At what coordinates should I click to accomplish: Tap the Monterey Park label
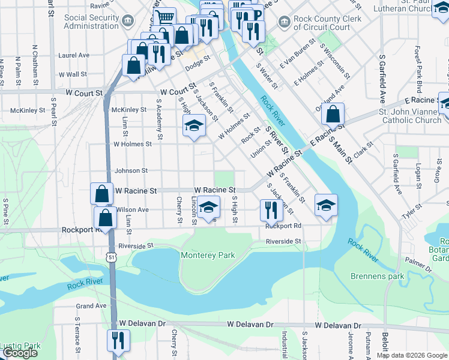click(x=208, y=256)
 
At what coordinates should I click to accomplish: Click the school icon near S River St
click(x=326, y=205)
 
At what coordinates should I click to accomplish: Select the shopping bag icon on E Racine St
click(x=333, y=113)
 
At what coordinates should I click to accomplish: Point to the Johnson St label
click(x=131, y=171)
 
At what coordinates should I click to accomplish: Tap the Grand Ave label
click(x=91, y=306)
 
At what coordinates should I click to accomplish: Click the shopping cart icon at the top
click(x=164, y=18)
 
